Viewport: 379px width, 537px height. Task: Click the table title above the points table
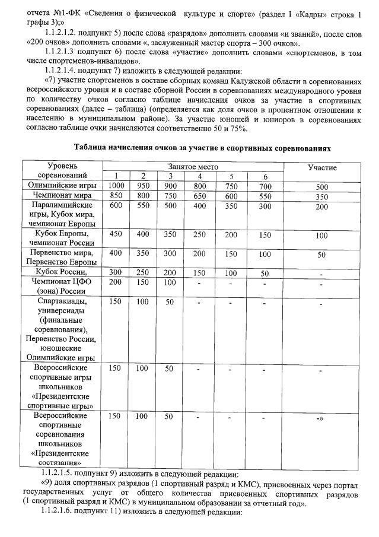pos(202,148)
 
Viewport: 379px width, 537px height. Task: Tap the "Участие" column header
pos(322,168)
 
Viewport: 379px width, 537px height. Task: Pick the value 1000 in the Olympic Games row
pos(116,186)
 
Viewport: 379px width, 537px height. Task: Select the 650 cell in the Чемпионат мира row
pos(199,195)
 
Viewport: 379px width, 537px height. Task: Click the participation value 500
pos(322,186)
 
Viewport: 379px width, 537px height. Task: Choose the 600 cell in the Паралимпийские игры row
pos(116,205)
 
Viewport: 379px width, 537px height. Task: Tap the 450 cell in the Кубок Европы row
pos(116,234)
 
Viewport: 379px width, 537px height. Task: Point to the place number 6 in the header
pos(266,176)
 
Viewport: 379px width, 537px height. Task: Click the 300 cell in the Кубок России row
pos(116,273)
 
